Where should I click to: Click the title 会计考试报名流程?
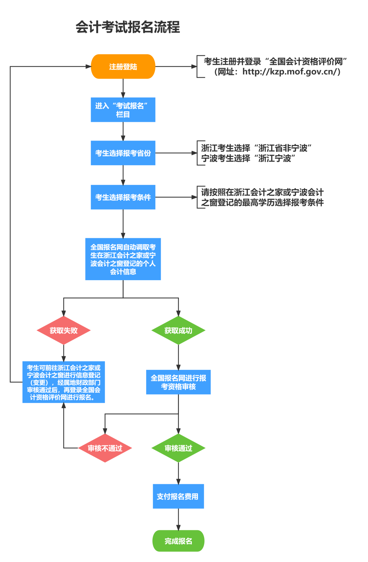(x=128, y=27)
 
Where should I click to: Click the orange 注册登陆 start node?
(x=123, y=67)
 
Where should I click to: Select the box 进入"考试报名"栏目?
(x=123, y=110)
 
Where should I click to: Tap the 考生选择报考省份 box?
(x=123, y=153)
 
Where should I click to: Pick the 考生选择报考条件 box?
(x=123, y=197)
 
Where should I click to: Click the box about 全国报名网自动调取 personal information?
(x=123, y=259)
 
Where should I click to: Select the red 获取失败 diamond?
(x=64, y=330)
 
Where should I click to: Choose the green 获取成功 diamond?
(x=178, y=330)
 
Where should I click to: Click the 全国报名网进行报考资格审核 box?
(x=178, y=382)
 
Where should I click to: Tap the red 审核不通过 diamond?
(x=105, y=448)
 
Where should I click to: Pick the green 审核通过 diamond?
(x=178, y=448)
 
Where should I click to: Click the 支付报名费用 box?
(x=178, y=496)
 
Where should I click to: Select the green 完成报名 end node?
(x=178, y=541)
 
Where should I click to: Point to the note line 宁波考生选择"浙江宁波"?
(x=248, y=158)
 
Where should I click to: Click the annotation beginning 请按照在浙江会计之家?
(x=262, y=197)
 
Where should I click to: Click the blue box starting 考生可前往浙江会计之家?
(x=64, y=382)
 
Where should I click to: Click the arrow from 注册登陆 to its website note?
(x=175, y=67)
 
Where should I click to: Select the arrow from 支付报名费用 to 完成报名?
(x=178, y=519)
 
